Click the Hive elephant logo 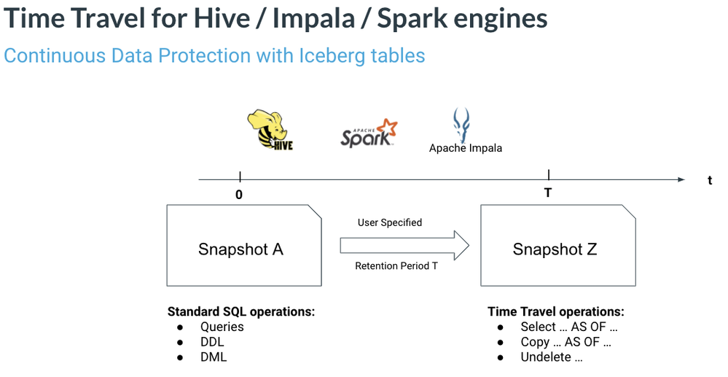270,130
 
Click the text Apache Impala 465,148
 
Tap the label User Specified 389,222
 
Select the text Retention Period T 396,265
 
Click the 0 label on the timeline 239,195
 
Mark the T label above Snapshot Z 548,193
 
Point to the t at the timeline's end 709,181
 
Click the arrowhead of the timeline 680,179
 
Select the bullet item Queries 222,327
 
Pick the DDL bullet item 212,342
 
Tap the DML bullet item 213,357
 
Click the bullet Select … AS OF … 569,327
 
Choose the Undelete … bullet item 551,357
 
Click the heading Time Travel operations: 555,311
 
